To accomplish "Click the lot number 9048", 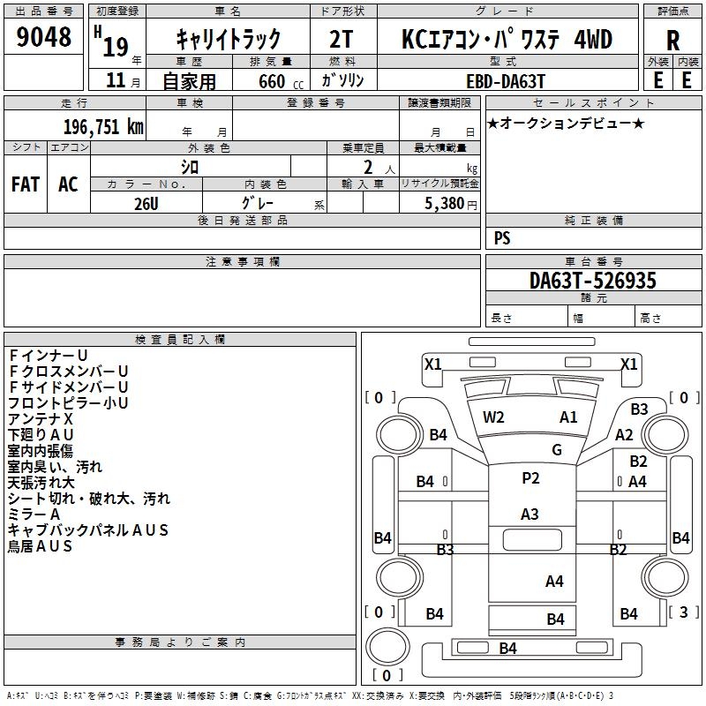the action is pos(43,36).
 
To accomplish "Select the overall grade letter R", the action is pos(672,40).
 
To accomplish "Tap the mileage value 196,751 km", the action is pos(103,127).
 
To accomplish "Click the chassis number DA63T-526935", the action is pos(593,281).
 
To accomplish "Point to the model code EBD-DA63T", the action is pos(506,81).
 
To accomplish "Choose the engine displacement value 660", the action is pos(272,81).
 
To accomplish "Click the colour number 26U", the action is pos(146,204).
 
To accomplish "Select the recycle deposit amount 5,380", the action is pos(445,203).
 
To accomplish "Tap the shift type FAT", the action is pos(26,184).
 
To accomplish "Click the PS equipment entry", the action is pos(502,237).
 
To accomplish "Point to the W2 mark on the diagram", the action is pos(493,417).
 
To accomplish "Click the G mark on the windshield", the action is pos(557,449).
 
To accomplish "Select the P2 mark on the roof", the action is pos(530,477).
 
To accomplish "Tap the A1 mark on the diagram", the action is pos(568,417).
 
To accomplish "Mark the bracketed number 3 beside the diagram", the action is pos(683,612).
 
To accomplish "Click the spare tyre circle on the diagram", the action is pos(387,646).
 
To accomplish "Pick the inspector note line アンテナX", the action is pos(40,418).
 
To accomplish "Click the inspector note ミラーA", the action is pos(34,514).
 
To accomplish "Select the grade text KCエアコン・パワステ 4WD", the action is pos(507,39).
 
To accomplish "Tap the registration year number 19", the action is pos(116,47).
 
